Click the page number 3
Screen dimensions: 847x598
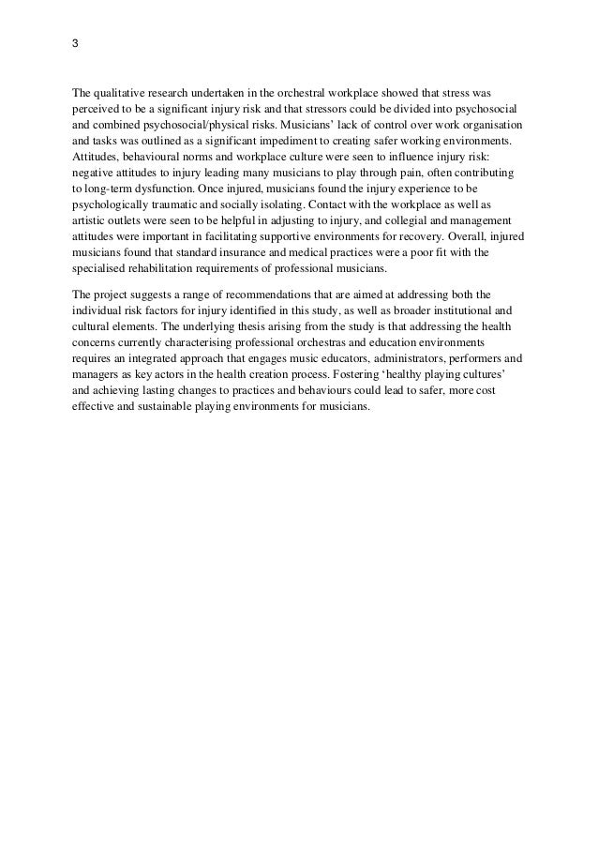[75, 44]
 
